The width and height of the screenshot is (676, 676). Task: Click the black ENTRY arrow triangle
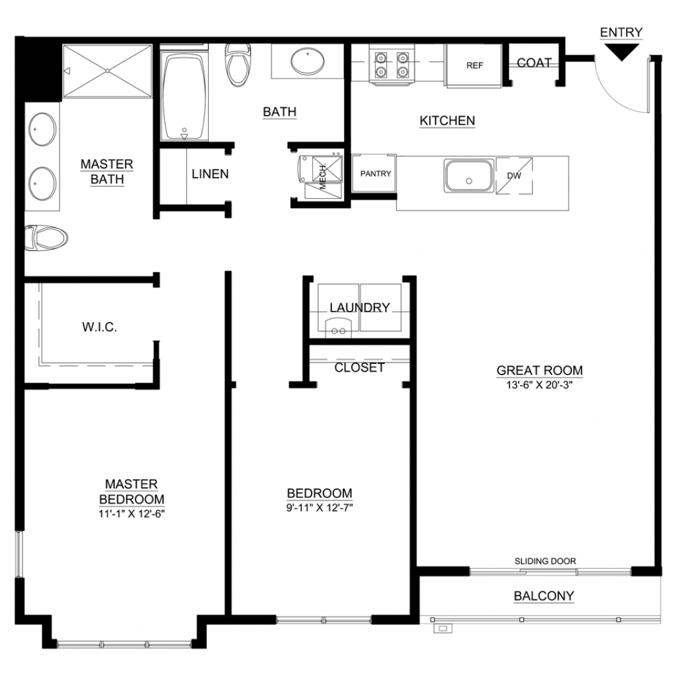click(x=621, y=51)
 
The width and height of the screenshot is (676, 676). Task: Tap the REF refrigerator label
click(x=475, y=65)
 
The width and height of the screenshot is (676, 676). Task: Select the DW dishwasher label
click(x=514, y=176)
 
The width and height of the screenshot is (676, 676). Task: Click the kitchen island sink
click(x=469, y=176)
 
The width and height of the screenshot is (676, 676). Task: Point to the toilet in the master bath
click(x=46, y=238)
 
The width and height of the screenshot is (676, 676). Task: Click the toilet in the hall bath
click(x=238, y=65)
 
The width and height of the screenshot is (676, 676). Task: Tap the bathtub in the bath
click(x=184, y=96)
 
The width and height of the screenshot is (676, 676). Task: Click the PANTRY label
click(x=376, y=174)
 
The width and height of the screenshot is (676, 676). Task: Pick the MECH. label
click(x=323, y=176)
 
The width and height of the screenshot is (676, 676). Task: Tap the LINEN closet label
click(x=210, y=174)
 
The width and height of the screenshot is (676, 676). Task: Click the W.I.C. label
click(x=100, y=327)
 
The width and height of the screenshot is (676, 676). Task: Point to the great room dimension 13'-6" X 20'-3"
click(x=539, y=385)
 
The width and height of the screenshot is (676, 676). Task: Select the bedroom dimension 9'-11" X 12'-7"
click(x=320, y=508)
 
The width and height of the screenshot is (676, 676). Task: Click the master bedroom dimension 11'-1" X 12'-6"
click(x=131, y=514)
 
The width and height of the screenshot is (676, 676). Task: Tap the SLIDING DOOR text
click(x=545, y=561)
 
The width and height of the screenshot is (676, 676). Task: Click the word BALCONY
click(x=544, y=596)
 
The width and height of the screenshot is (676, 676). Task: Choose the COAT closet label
click(x=534, y=63)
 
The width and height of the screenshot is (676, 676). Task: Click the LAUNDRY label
click(x=360, y=308)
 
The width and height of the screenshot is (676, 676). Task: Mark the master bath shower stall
click(x=108, y=71)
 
